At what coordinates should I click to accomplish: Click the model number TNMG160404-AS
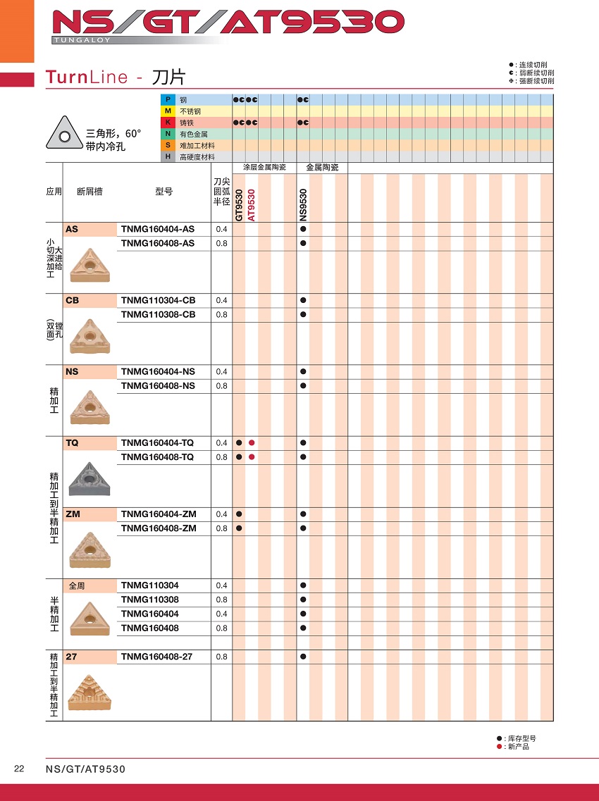click(157, 229)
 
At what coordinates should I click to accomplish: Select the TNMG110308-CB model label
click(158, 314)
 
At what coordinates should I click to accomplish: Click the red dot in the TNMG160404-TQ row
click(252, 442)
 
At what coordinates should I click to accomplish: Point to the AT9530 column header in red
click(252, 205)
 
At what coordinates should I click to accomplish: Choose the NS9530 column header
click(303, 205)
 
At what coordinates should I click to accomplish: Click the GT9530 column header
click(239, 205)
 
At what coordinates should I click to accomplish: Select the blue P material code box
click(168, 100)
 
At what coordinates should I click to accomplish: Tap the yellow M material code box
click(168, 111)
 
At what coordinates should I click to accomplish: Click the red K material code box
click(168, 123)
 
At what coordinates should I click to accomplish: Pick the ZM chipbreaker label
click(73, 514)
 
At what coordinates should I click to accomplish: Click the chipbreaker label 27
click(70, 657)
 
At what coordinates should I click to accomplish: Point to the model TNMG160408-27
click(156, 657)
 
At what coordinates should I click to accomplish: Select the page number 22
click(19, 769)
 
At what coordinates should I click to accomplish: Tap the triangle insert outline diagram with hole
click(64, 134)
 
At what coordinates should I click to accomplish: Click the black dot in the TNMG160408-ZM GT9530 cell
click(239, 528)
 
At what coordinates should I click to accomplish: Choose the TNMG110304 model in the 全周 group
click(149, 585)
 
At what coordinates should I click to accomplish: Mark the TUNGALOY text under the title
click(82, 41)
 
